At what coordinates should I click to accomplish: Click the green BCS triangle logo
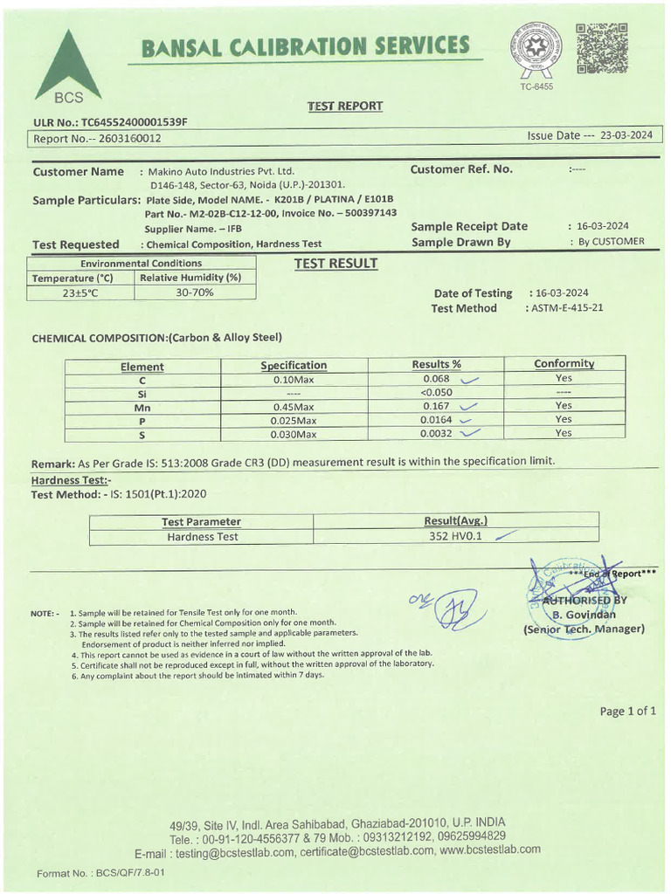(67, 66)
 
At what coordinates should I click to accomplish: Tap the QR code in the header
(602, 48)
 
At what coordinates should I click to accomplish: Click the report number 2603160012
(125, 138)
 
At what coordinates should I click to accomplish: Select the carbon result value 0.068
(436, 379)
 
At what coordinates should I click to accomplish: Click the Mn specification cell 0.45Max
(294, 406)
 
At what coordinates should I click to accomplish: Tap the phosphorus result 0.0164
(436, 420)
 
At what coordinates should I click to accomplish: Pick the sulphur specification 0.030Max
(294, 434)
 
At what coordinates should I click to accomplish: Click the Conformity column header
(564, 363)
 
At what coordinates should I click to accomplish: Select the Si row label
(142, 394)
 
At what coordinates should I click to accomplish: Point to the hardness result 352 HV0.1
(455, 537)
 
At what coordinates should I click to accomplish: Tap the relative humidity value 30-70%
(195, 292)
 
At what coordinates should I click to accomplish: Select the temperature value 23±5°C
(81, 293)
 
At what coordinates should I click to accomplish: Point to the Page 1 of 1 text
(627, 711)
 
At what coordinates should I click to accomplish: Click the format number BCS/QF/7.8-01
(101, 872)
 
